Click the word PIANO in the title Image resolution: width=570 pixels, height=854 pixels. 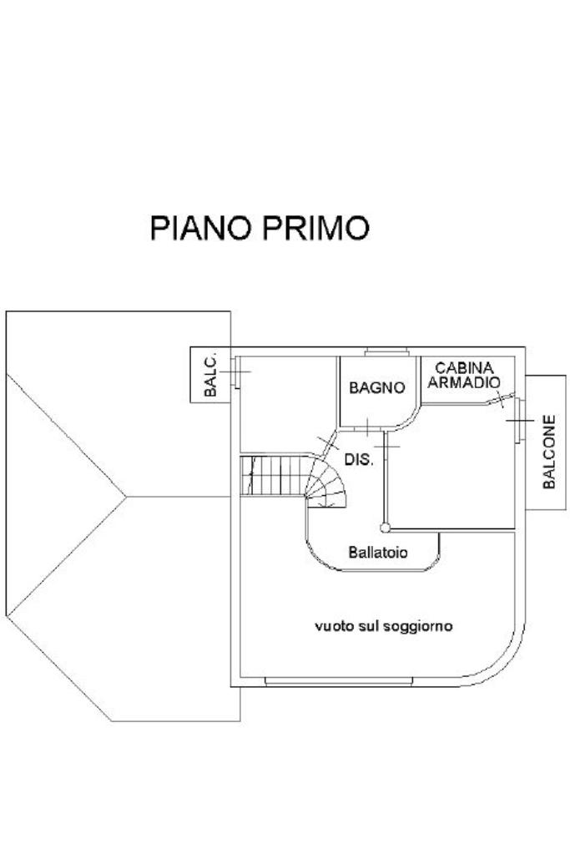(197, 228)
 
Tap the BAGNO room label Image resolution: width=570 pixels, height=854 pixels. (376, 388)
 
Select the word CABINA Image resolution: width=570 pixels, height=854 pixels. (465, 368)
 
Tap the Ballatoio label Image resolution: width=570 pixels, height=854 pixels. (377, 552)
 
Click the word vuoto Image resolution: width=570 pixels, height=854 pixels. (332, 625)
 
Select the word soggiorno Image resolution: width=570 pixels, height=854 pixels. (417, 625)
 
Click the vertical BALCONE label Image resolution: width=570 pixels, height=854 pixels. (549, 451)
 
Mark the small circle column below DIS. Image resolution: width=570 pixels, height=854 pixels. (385, 527)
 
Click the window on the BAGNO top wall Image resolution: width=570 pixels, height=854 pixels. (386, 351)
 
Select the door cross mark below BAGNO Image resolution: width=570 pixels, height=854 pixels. (367, 427)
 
